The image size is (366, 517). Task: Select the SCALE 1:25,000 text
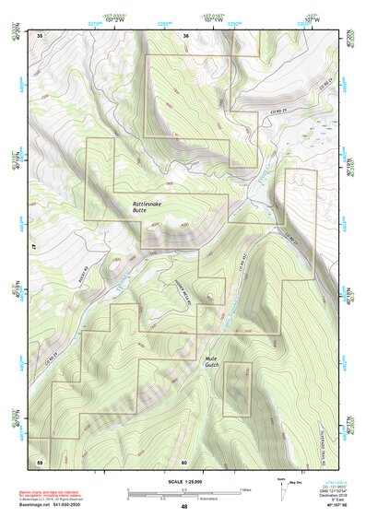tap(184, 481)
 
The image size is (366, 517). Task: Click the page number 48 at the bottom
tap(184, 507)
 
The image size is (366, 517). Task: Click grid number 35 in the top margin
tap(40, 35)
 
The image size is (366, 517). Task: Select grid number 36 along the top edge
tap(185, 35)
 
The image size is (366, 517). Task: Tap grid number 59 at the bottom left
tap(40, 461)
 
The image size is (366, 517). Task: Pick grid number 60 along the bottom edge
tap(184, 461)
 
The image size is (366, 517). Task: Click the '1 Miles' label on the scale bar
tap(245, 489)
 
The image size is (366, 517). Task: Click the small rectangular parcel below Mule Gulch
tap(237, 389)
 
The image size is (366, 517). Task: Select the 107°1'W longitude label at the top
tap(209, 21)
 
